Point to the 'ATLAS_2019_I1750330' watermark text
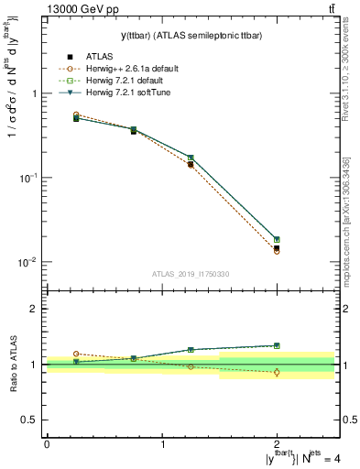[191, 273]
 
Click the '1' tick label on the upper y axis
[34, 93]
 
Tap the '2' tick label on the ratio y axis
[34, 310]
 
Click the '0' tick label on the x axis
[47, 443]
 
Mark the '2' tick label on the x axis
[278, 443]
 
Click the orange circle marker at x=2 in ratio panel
[277, 372]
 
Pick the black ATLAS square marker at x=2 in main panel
[277, 248]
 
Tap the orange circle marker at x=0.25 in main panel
[76, 115]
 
